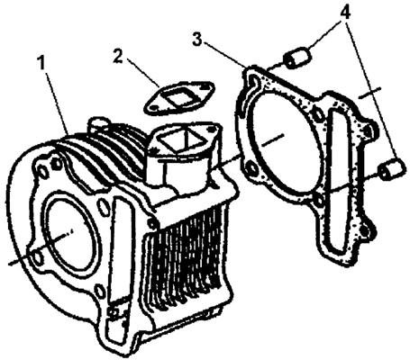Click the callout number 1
tap(41, 63)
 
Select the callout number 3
tap(196, 40)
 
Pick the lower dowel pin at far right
tap(391, 168)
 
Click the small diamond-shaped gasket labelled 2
tap(179, 97)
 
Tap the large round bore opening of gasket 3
tap(282, 141)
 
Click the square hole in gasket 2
tap(176, 99)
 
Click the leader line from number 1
tap(57, 101)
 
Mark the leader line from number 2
tap(142, 72)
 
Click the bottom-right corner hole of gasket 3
tap(366, 230)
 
